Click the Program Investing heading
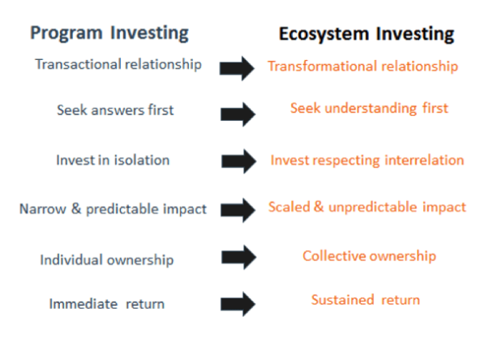(109, 33)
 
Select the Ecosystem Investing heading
(366, 34)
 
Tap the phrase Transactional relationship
(118, 65)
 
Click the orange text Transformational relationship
(362, 66)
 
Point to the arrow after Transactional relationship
(237, 68)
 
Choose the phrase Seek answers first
(115, 110)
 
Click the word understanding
(371, 109)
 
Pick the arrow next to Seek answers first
(238, 114)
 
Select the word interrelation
(424, 160)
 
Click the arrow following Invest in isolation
(238, 161)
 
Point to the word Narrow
(43, 209)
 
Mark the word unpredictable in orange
(373, 208)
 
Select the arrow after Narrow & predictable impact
(238, 210)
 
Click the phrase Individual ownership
(107, 260)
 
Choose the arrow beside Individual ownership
(238, 257)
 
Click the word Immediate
(84, 304)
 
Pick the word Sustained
(342, 300)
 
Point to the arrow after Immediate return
(238, 304)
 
